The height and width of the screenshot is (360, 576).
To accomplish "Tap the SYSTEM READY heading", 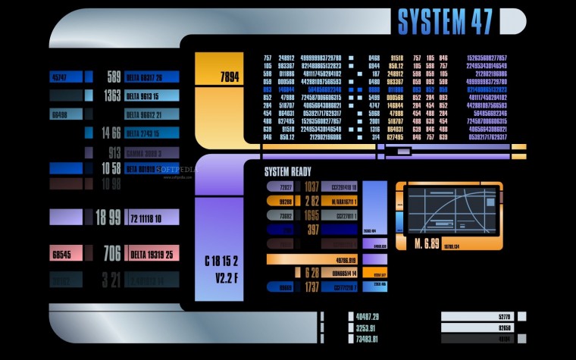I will point(287,171).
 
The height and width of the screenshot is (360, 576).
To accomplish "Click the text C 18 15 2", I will point(221,261).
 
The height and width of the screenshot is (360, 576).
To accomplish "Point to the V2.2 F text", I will point(221,277).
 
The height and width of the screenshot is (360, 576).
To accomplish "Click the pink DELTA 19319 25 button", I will point(152,255).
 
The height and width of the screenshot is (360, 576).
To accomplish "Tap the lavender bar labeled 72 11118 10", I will point(152,218).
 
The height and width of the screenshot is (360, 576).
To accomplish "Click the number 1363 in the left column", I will point(111,95).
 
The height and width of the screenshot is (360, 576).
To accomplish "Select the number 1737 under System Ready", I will point(311,287).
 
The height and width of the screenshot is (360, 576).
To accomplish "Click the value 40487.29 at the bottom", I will point(368,316).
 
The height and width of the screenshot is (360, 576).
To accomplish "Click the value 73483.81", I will point(368,340).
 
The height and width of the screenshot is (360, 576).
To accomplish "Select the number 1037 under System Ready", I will point(311,186).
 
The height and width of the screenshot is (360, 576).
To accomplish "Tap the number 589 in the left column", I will point(114,77).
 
